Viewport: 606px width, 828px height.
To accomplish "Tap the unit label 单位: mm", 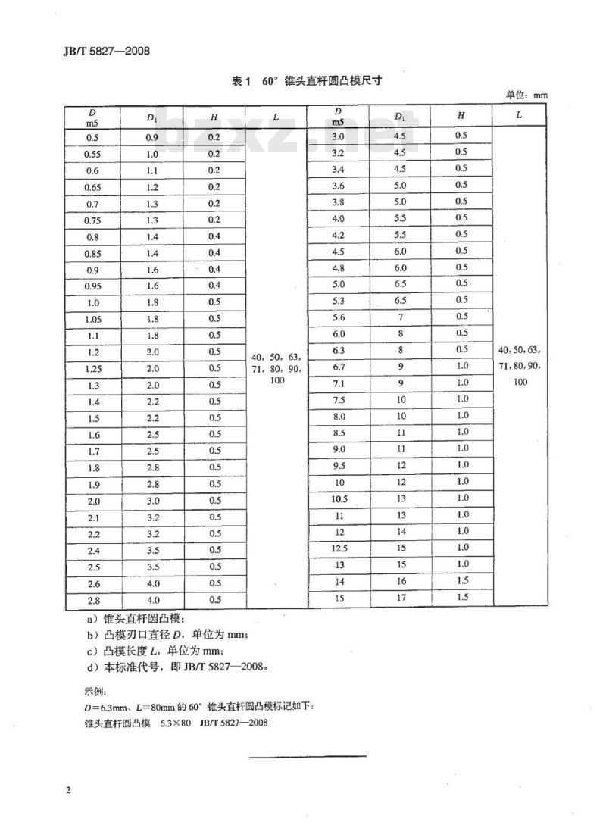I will pos(526,95).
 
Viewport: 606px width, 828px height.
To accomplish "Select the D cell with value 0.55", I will pos(92,154).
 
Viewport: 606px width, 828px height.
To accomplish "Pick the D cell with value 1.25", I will pos(92,368).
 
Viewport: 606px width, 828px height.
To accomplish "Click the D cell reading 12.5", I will pos(339,548).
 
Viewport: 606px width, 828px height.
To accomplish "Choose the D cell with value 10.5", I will pos(339,498).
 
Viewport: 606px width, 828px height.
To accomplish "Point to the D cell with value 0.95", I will pos(92,286).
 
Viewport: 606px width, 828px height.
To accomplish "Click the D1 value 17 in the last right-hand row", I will pos(401,598).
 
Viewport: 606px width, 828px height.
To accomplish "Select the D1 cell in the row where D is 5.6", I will pos(401,317).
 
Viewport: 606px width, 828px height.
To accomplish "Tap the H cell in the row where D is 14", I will pos(461,581).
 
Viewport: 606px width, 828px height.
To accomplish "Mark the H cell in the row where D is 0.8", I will pos(214,236).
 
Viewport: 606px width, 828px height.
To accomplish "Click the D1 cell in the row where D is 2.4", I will pos(152,550).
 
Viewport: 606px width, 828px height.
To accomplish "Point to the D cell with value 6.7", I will pos(339,367).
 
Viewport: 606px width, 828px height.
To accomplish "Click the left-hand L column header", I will pos(276,117).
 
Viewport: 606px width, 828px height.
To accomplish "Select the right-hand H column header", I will pos(461,115).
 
